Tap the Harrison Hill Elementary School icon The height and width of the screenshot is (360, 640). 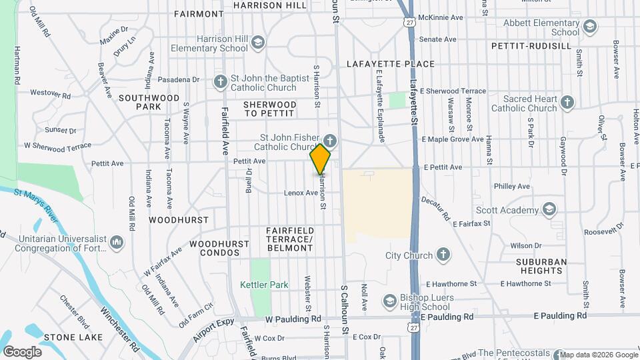(x=258, y=43)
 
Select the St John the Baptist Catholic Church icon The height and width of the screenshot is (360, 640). (x=220, y=82)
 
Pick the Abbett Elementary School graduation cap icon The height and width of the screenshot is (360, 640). (x=589, y=27)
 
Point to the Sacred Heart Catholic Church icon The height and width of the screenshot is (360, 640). (x=567, y=103)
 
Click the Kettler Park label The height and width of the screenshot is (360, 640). (x=264, y=285)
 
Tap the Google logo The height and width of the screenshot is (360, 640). (x=22, y=351)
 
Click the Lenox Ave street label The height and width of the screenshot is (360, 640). (x=301, y=193)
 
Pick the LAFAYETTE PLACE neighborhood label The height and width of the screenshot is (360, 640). (x=391, y=64)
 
